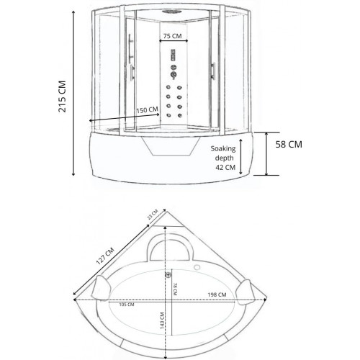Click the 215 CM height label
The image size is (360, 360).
(x=62, y=96)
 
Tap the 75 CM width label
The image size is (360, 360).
(x=172, y=36)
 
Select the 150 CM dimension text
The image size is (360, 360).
(x=147, y=110)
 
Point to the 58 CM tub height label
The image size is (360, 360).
(x=289, y=145)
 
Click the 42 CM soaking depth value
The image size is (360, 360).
(x=225, y=167)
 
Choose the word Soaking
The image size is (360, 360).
(x=223, y=149)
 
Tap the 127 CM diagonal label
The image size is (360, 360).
(x=105, y=256)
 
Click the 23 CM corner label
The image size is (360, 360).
(x=153, y=215)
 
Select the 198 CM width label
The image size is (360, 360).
(x=217, y=294)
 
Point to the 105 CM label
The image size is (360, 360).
(x=127, y=305)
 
